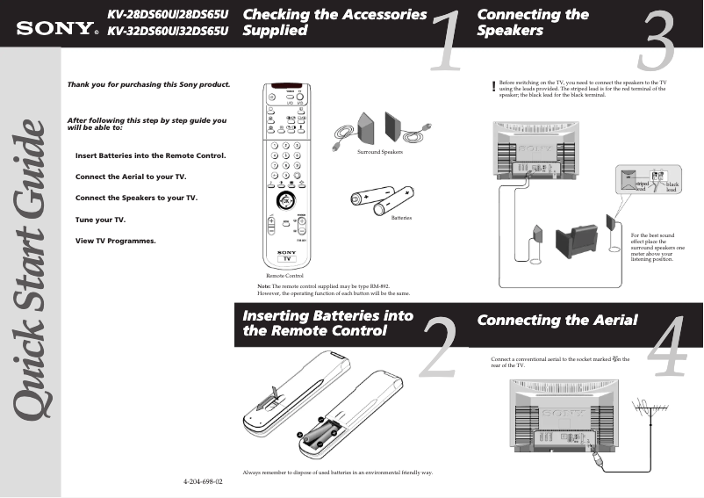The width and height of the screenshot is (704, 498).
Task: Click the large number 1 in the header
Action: coord(448,42)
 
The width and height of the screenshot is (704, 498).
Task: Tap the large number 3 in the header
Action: coord(657,42)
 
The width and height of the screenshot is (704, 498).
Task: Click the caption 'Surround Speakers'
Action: coord(379,152)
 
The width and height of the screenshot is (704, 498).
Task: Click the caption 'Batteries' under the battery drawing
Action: coord(401,217)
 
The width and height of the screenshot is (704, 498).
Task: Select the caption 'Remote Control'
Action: coord(284,275)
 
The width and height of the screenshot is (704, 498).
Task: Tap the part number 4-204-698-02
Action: coord(203,482)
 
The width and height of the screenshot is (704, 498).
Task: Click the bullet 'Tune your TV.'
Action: coord(100,219)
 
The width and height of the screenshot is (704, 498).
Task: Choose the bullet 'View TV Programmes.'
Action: coord(115,240)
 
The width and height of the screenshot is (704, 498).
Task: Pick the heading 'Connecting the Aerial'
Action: coord(557,320)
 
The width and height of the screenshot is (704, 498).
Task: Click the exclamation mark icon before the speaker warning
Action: coord(494,86)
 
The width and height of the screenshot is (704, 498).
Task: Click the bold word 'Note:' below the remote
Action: coord(263,286)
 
